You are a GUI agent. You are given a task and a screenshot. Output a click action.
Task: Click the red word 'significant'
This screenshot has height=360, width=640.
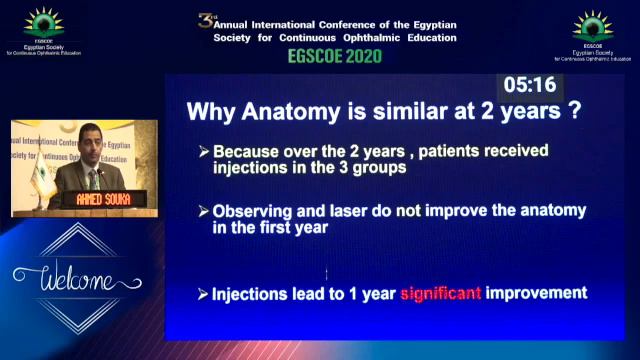(441, 294)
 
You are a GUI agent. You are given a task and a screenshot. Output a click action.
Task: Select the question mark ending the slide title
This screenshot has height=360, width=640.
(574, 111)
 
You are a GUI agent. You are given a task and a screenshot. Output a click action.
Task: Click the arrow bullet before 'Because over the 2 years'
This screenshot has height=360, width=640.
(204, 152)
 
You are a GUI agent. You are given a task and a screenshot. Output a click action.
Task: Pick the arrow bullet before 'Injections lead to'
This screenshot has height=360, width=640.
(204, 294)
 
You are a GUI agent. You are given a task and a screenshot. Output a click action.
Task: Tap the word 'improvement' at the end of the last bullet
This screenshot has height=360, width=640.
(536, 294)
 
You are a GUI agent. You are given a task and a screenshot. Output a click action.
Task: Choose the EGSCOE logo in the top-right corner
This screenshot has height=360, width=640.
(593, 27)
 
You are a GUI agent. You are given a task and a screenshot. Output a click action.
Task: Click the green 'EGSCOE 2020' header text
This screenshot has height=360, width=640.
(329, 57)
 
